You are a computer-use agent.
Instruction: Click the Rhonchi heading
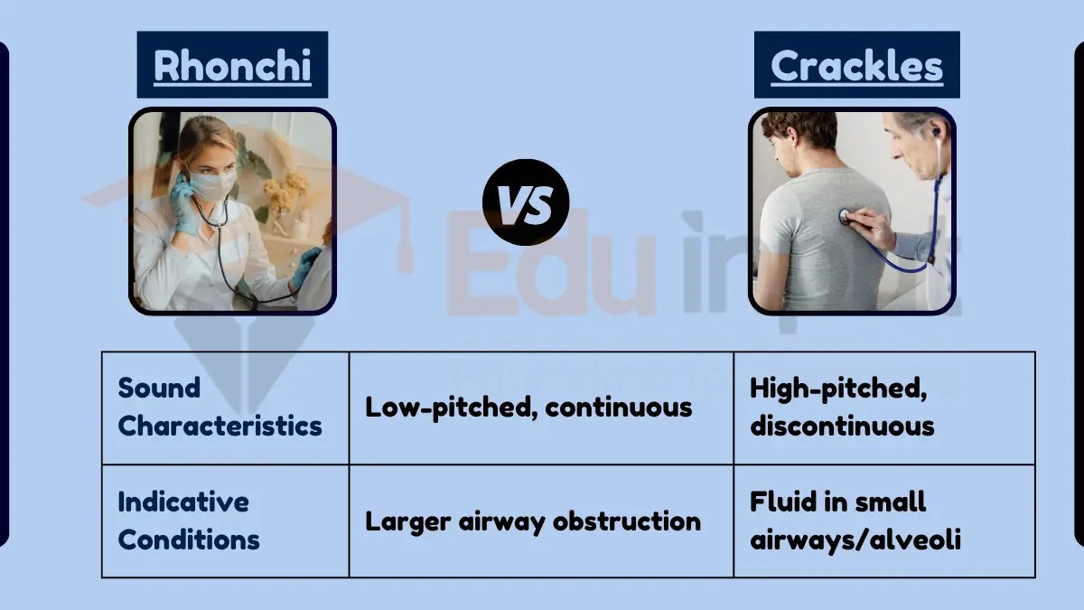pos(232,65)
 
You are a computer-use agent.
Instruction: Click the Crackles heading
pos(856,65)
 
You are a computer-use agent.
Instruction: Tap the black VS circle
pos(526,202)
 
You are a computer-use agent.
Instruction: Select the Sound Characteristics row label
pos(220,407)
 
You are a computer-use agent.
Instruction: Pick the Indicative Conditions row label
pos(189,521)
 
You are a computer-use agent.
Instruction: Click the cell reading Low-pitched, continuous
pos(528,407)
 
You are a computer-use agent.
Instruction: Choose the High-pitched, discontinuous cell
pos(841,407)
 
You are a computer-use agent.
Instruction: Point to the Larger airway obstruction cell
pos(532,521)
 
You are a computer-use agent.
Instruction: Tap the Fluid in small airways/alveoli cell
pos(855,521)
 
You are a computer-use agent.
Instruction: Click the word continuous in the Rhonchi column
pos(619,407)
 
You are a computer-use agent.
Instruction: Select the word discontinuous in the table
pos(841,426)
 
